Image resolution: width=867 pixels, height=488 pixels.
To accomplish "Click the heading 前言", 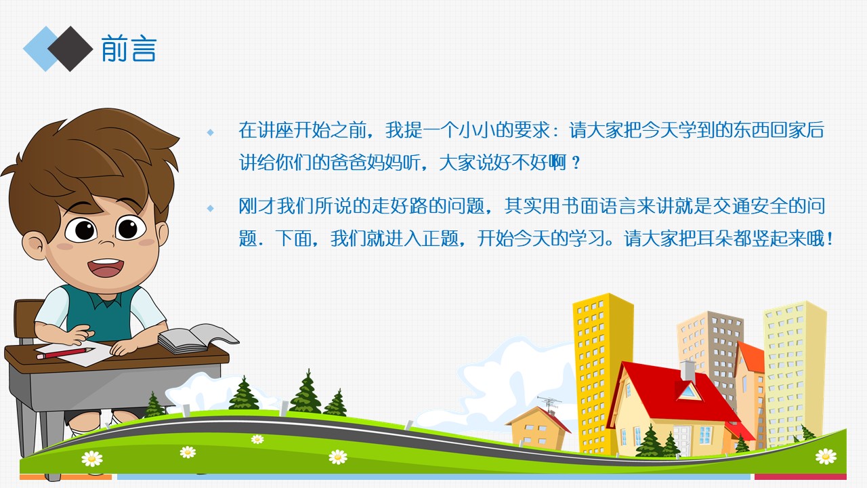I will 129,49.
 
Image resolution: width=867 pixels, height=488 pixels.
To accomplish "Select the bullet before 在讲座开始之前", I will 210,131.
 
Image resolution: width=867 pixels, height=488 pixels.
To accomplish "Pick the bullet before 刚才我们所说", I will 210,207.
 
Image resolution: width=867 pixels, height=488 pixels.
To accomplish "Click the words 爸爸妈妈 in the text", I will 373,163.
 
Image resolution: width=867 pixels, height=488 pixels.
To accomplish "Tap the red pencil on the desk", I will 64,353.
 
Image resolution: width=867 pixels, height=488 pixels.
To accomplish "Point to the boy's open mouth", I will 105,267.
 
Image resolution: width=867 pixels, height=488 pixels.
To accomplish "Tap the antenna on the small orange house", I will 549,403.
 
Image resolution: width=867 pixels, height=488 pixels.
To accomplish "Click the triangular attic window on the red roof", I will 688,391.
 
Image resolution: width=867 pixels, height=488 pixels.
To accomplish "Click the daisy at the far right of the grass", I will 826,456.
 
